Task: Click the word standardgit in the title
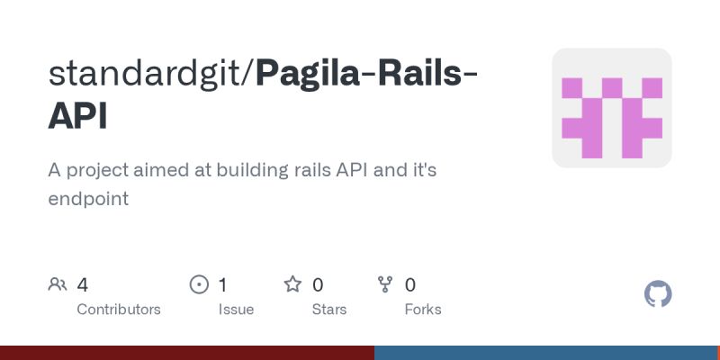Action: click(x=148, y=74)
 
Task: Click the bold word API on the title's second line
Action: click(x=77, y=117)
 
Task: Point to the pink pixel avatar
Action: click(x=612, y=108)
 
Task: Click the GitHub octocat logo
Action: click(x=659, y=294)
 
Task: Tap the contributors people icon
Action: click(x=58, y=285)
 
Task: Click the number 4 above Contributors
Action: click(x=83, y=285)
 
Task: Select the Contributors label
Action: click(x=119, y=310)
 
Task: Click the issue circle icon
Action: click(x=199, y=285)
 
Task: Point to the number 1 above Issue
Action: click(x=223, y=285)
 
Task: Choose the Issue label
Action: click(x=236, y=310)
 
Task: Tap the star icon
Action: click(x=292, y=285)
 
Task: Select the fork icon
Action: click(x=386, y=285)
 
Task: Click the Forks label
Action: click(x=423, y=310)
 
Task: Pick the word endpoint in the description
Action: click(x=88, y=199)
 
